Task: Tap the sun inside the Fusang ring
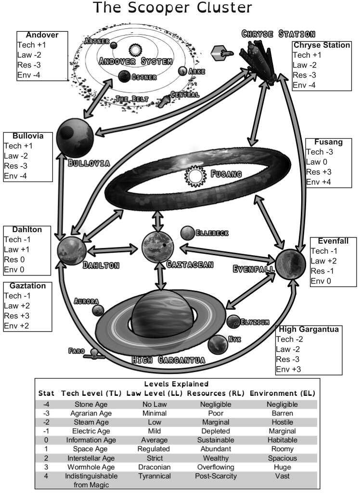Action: tap(195, 177)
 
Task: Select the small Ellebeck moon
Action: tap(187, 233)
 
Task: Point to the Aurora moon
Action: tap(98, 310)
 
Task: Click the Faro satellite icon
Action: tap(95, 355)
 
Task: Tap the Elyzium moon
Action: tap(233, 322)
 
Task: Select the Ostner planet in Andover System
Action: tap(124, 76)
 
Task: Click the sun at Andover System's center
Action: tap(135, 50)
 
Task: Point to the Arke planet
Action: tap(182, 71)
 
